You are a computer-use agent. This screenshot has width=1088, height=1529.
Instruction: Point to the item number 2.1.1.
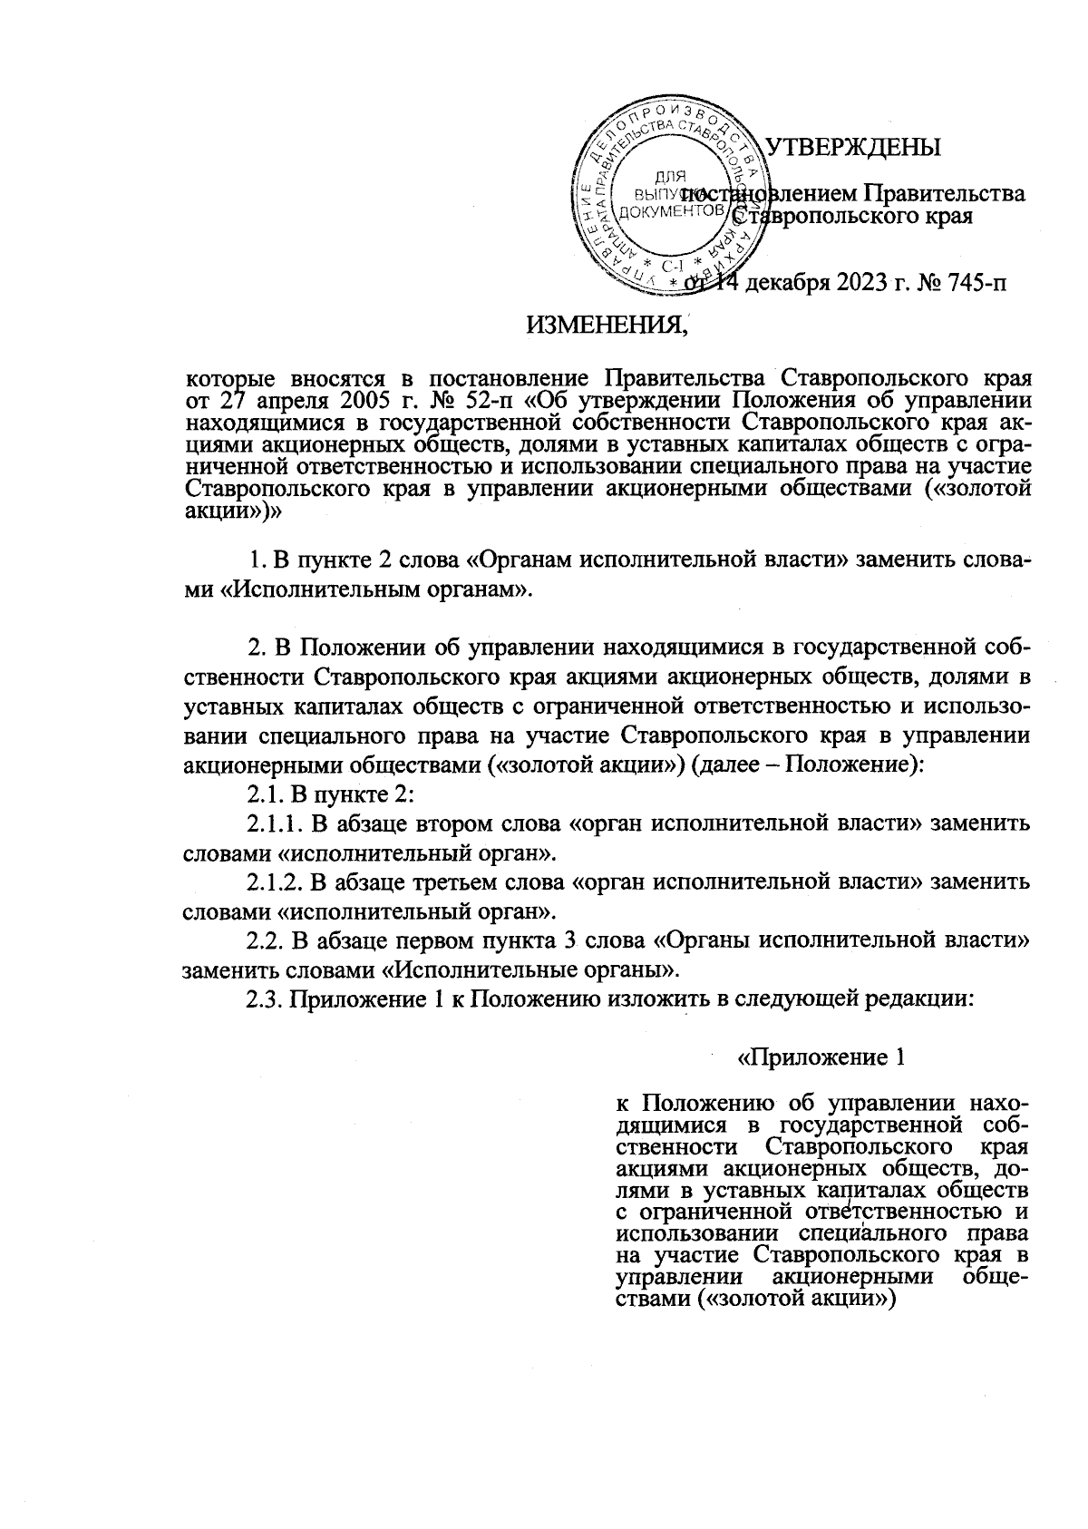coord(276,824)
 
